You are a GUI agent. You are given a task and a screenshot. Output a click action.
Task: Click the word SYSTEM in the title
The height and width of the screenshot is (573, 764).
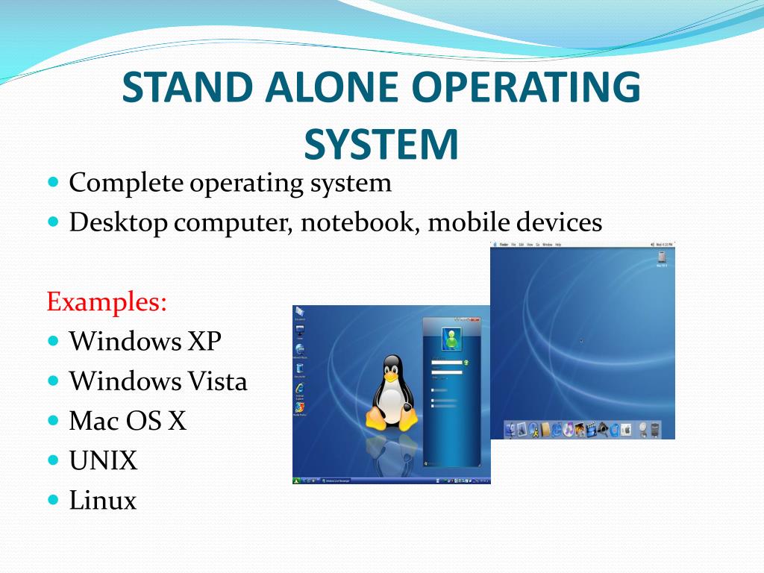pos(381,144)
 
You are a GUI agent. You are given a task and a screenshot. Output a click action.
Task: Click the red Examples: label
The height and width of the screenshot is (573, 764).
pos(107,302)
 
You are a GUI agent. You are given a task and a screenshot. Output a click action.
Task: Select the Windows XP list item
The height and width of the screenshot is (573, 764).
pos(145,341)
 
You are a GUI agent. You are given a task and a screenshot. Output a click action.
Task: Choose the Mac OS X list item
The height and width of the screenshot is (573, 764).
pos(128,421)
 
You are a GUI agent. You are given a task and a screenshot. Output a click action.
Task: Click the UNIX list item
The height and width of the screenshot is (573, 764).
pos(104,461)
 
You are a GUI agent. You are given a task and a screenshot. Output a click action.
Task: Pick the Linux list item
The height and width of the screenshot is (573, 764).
pos(103,501)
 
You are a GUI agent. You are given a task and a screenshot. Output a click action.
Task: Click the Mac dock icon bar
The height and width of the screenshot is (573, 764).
pos(583,429)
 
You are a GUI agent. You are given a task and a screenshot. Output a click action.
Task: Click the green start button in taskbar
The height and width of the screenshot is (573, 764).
pos(298,480)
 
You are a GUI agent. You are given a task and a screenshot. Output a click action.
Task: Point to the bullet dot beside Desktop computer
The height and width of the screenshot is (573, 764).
pos(52,222)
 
